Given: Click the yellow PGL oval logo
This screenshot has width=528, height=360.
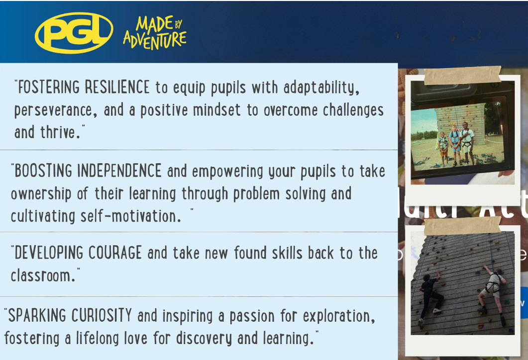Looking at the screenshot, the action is [74, 33].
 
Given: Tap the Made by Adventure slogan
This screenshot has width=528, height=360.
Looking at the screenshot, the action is [155, 33].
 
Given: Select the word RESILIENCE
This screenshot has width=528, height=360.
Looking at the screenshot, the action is [117, 87].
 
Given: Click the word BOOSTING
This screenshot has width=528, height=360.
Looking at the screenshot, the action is [43, 171].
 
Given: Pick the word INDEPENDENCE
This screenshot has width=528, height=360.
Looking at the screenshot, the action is [119, 171].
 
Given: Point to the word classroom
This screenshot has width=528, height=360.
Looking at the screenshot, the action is [43, 275].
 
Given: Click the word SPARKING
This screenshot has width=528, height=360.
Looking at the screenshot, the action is [37, 316].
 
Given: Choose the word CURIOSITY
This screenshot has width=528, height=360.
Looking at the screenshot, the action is [102, 316].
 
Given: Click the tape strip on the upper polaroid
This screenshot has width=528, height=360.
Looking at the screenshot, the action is [463, 76].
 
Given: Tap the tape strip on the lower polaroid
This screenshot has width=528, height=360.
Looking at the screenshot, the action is [463, 226].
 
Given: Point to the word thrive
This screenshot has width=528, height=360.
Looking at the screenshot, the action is [60, 132].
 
